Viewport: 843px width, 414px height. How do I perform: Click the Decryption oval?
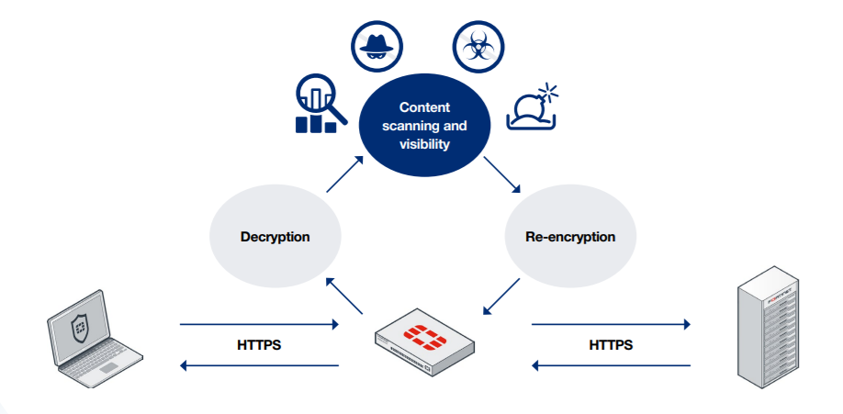(x=275, y=236)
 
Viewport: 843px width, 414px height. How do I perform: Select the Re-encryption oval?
(x=569, y=236)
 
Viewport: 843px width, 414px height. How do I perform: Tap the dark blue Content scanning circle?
(x=424, y=126)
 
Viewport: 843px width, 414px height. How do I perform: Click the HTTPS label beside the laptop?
(x=259, y=346)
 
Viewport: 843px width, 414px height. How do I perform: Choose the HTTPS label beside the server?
(x=611, y=346)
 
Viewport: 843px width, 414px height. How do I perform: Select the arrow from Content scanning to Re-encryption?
(x=502, y=174)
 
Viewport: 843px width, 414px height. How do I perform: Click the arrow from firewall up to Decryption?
(x=347, y=299)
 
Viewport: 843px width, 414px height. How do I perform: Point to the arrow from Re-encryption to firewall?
(x=500, y=299)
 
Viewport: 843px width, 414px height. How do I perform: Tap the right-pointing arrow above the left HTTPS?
(x=259, y=324)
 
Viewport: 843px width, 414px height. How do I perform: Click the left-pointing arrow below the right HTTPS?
(x=611, y=366)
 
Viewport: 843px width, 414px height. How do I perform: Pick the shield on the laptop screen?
(x=82, y=327)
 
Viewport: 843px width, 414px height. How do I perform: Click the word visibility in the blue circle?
(x=424, y=144)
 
